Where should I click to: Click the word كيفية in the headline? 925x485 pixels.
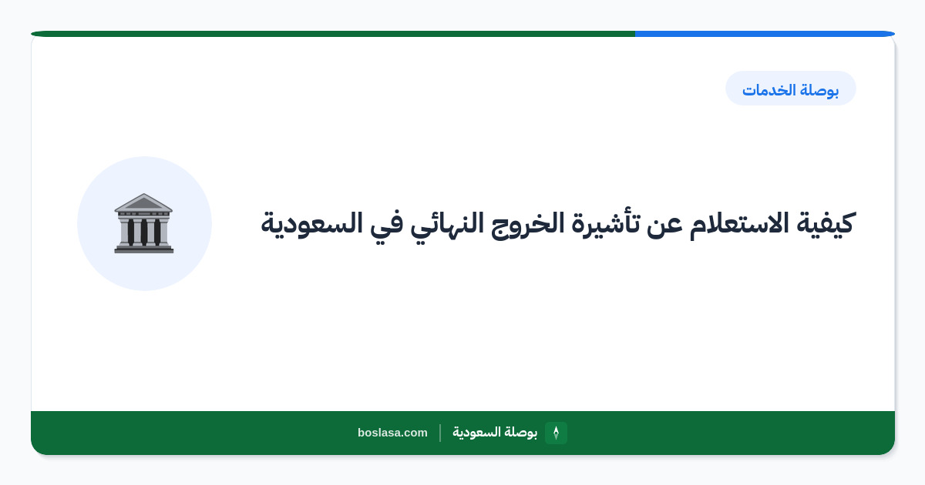coord(826,224)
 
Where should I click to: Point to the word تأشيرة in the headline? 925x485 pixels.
coord(605,222)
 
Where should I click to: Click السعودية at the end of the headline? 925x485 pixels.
coord(311,224)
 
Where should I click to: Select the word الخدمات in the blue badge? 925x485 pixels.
coord(769,90)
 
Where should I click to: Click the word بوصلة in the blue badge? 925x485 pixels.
coord(820,90)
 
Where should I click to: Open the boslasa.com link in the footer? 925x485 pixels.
coord(392,433)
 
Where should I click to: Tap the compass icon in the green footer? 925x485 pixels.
coord(556,433)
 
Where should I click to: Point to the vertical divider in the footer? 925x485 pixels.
coord(440,433)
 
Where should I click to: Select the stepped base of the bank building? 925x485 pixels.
coord(144,249)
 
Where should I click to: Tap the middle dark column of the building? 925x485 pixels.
coord(143,232)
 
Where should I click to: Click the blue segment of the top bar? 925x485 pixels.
coord(765,34)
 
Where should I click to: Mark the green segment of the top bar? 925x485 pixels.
coord(333,34)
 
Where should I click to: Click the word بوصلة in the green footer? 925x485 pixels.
coord(521,433)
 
